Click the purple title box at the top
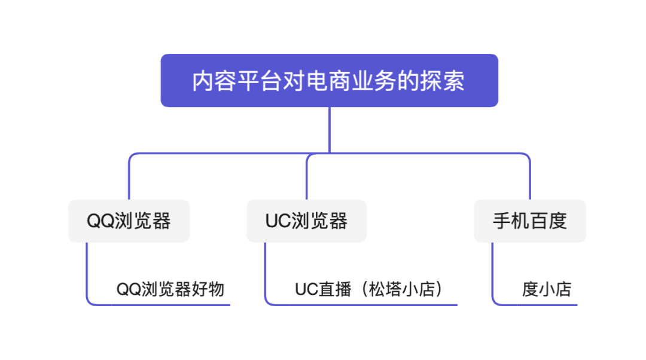tap(329, 81)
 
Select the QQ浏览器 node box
tap(129, 221)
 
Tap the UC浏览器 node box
tap(306, 221)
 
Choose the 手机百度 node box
tap(530, 221)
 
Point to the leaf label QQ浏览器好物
tap(170, 289)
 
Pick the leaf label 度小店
tap(547, 289)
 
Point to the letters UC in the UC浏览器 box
tap(278, 221)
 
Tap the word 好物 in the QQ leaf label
tap(209, 289)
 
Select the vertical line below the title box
tap(330, 129)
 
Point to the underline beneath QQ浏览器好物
tap(167, 305)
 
